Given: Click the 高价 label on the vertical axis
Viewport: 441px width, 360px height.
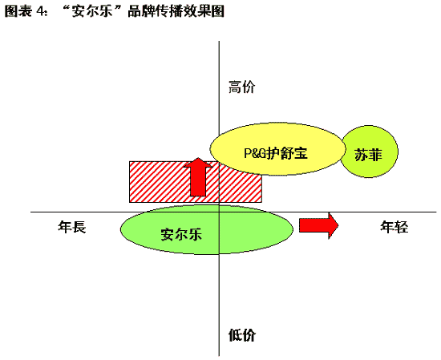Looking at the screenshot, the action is click(242, 87).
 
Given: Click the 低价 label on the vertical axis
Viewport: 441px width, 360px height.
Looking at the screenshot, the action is click(242, 334).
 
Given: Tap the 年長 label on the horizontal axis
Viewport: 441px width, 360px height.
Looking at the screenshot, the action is click(72, 227).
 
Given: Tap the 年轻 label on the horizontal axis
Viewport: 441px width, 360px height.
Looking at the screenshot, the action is click(394, 227).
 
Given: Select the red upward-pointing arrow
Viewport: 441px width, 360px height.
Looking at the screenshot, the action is click(198, 177).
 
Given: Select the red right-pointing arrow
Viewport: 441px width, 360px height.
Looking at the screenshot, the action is click(318, 225).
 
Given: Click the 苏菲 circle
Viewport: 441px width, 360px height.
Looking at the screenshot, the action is click(370, 152).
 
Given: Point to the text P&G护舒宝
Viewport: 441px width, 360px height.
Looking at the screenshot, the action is click(276, 153).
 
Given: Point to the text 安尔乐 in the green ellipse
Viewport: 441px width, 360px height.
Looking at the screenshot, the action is click(181, 234).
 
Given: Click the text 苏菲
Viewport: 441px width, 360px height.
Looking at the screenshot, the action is click(369, 155).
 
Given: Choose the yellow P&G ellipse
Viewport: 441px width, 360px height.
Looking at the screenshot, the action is click(277, 149).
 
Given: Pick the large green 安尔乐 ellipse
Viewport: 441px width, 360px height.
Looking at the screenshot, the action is click(207, 229).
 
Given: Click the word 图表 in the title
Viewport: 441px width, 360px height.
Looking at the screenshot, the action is click(18, 11).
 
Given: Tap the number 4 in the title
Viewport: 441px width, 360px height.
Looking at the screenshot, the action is click(39, 11).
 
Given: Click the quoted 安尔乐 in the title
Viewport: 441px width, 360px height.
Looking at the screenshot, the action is click(92, 11).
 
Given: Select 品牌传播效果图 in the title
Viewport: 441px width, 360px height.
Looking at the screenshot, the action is click(176, 11).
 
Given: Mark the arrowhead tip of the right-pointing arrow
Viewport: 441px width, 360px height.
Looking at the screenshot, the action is click(338, 225).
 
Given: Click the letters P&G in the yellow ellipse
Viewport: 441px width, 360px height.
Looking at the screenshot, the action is click(255, 153).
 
